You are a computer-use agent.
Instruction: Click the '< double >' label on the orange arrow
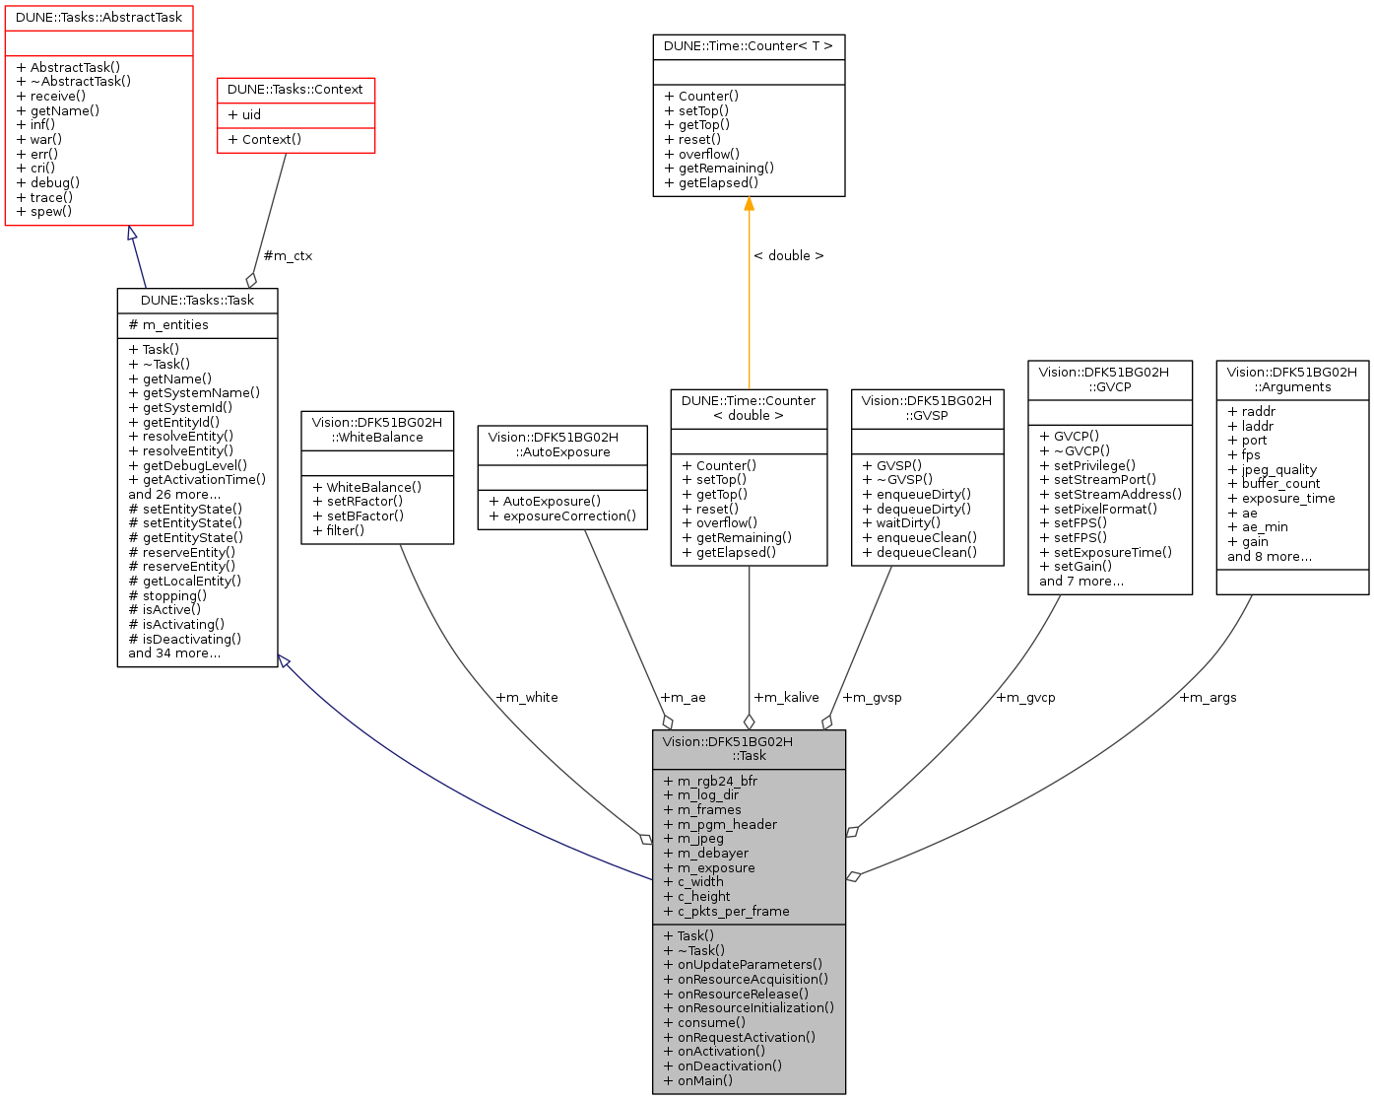(788, 255)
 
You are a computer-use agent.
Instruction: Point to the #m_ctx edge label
(288, 255)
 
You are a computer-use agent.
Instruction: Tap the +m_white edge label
(527, 697)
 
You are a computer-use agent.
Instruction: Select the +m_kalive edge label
(786, 697)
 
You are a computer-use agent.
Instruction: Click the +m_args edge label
(1208, 697)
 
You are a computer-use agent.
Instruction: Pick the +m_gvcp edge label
(1025, 697)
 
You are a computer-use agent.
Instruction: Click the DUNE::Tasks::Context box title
(295, 90)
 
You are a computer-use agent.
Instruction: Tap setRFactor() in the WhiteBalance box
(364, 501)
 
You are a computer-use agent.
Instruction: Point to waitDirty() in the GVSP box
(907, 522)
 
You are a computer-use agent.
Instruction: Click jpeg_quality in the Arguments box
(1278, 469)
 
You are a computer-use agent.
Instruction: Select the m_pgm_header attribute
(727, 824)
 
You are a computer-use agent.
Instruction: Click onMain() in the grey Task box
(704, 1080)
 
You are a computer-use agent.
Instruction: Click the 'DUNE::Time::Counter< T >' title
(749, 46)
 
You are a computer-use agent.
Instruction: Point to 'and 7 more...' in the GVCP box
(1080, 581)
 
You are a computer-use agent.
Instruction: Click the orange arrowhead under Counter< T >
(749, 204)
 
